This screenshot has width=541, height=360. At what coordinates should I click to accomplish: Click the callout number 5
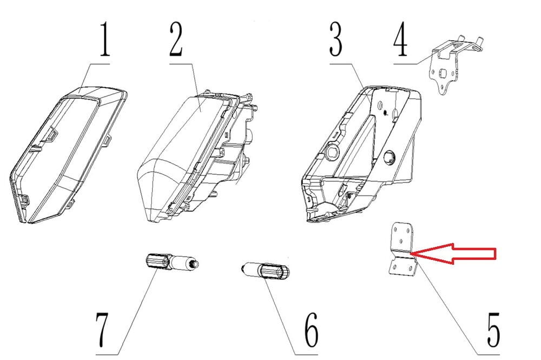click(493, 330)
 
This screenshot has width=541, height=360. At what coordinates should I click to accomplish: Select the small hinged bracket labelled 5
click(403, 249)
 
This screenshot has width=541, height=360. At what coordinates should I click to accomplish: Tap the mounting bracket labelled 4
click(448, 64)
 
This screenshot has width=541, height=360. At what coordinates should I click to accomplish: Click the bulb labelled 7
click(171, 261)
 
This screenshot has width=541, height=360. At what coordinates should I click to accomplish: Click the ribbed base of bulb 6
click(275, 271)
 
